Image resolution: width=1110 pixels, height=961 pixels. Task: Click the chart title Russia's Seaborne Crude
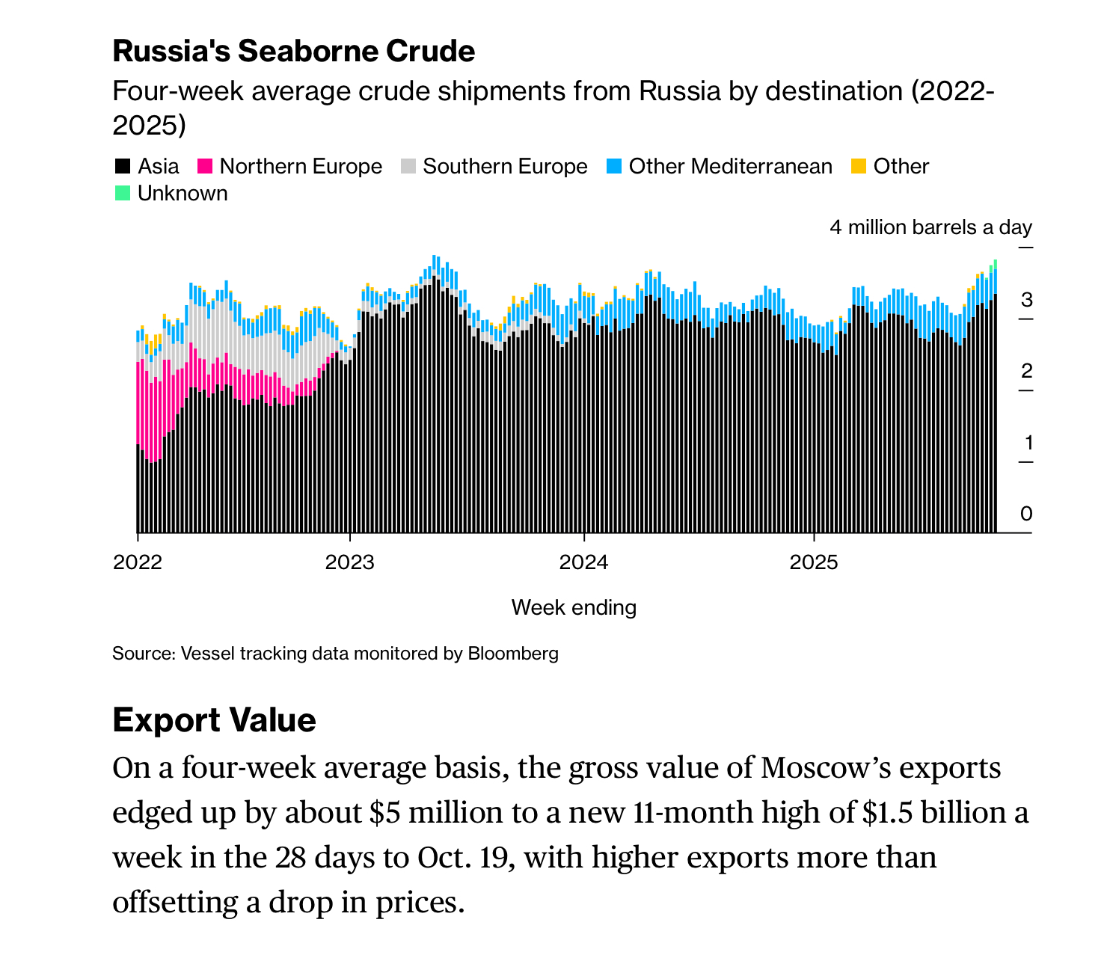click(293, 52)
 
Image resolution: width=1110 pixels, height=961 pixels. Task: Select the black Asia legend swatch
click(122, 166)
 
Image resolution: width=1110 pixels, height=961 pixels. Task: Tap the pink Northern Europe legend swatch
click(205, 166)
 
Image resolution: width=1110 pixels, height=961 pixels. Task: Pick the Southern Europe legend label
click(505, 166)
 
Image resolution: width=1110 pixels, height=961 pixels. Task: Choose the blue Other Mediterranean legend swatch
click(614, 166)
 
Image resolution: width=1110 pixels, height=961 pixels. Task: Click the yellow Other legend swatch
click(859, 166)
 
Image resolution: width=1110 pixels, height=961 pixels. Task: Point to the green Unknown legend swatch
click(122, 193)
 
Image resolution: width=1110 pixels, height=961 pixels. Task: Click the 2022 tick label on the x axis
click(138, 562)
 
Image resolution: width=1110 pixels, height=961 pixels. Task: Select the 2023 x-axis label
click(349, 562)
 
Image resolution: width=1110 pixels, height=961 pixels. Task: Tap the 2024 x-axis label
click(583, 562)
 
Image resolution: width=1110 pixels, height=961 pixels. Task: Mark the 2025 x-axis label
click(814, 562)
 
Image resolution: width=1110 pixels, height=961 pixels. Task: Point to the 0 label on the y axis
click(1026, 514)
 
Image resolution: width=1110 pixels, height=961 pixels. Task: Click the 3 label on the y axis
click(1026, 300)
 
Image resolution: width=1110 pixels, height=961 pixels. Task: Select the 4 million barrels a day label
click(930, 227)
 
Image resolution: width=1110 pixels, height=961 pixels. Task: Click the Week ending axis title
click(574, 607)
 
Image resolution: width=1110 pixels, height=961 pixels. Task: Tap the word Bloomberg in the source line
click(513, 654)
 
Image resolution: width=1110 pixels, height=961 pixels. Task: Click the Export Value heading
click(214, 720)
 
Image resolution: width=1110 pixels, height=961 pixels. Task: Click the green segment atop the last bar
click(995, 264)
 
